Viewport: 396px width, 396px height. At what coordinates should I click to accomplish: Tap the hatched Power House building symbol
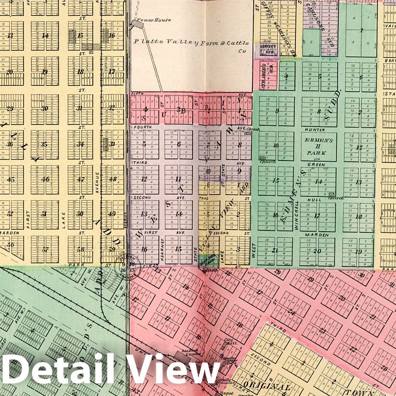pos(137,24)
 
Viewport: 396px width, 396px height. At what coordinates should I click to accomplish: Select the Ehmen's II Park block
pos(319,147)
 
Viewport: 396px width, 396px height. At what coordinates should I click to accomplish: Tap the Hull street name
pos(314,200)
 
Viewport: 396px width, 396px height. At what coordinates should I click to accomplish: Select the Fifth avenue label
pos(137,94)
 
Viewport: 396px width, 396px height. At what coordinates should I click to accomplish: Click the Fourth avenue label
pos(139,127)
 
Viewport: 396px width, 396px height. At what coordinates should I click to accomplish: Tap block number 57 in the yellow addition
pos(45,249)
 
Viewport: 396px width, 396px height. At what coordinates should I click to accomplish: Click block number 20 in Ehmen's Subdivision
pos(317,251)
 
